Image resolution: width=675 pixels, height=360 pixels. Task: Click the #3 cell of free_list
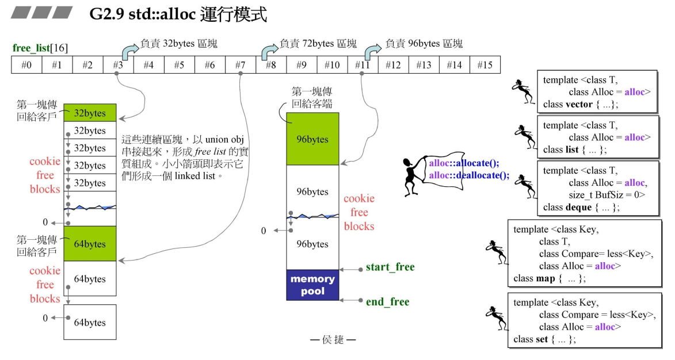pyautogui.click(x=119, y=64)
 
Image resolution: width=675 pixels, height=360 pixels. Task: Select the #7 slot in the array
pyautogui.click(x=240, y=64)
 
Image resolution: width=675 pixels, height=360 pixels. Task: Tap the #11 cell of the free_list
pyautogui.click(x=363, y=64)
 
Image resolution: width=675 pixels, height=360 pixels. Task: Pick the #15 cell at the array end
pyautogui.click(x=485, y=64)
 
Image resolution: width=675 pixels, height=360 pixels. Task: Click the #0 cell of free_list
pyautogui.click(x=26, y=64)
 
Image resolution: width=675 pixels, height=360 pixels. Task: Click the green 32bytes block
pyautogui.click(x=90, y=113)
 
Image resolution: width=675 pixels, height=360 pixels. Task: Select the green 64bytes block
pyautogui.click(x=90, y=243)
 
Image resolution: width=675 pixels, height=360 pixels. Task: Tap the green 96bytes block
pyautogui.click(x=312, y=139)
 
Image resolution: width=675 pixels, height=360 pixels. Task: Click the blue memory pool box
pyautogui.click(x=312, y=285)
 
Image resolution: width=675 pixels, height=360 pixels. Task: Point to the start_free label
pyautogui.click(x=390, y=267)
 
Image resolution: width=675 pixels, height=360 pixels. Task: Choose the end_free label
pyautogui.click(x=387, y=302)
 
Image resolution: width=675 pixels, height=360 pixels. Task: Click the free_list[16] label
pyautogui.click(x=40, y=48)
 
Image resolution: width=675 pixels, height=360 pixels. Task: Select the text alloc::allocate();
pyautogui.click(x=464, y=163)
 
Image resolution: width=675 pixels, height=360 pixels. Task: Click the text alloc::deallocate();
pyautogui.click(x=469, y=175)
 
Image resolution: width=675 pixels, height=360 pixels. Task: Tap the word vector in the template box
pyautogui.click(x=579, y=104)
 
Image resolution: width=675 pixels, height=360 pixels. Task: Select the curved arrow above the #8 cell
pyautogui.click(x=269, y=51)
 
